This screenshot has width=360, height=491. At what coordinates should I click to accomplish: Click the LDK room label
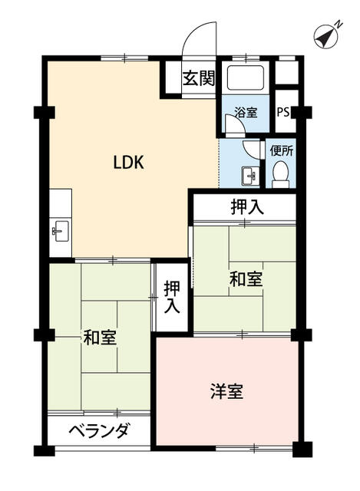[128, 163]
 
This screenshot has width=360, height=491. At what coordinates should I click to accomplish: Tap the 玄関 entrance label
[199, 78]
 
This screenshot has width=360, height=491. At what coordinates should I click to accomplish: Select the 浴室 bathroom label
[246, 112]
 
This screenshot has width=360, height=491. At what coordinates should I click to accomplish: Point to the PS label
[283, 112]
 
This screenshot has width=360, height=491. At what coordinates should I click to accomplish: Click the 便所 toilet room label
[282, 151]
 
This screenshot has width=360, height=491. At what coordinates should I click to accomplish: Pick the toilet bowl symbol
[280, 174]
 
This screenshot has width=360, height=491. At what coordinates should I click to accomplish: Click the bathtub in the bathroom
[246, 77]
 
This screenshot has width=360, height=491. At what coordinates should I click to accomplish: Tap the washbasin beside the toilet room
[250, 176]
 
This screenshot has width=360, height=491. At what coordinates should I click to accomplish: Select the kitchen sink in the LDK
[61, 231]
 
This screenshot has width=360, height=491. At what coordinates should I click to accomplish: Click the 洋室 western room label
[227, 391]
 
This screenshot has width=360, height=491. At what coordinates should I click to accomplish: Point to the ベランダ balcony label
[99, 431]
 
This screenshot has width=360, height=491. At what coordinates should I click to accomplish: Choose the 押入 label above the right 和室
[247, 207]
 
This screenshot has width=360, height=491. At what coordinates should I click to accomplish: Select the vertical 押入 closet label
[172, 297]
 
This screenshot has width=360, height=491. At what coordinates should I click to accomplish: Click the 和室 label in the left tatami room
[100, 338]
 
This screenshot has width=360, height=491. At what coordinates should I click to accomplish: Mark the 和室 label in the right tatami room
[246, 279]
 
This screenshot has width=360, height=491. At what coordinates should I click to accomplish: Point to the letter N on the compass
[339, 24]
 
